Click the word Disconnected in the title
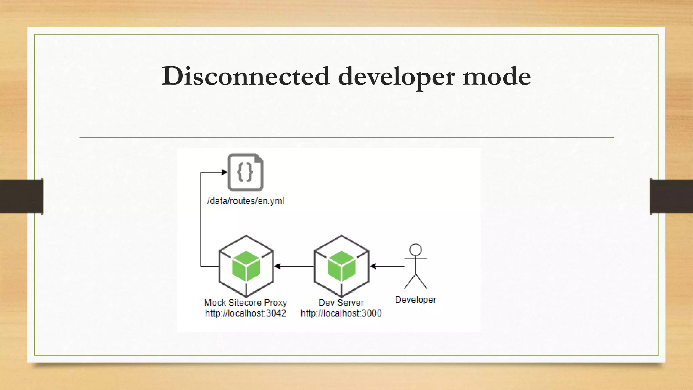tap(245, 76)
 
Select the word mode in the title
tap(496, 76)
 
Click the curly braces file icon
tap(246, 172)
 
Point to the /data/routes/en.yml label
tap(246, 201)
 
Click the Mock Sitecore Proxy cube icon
tap(246, 266)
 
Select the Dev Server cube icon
tap(341, 266)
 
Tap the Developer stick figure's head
tap(416, 250)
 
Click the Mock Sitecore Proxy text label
tap(246, 302)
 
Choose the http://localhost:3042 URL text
tap(246, 313)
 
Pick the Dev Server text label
tap(341, 302)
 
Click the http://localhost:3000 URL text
tap(341, 313)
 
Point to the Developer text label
tap(416, 300)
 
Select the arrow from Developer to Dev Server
tap(387, 266)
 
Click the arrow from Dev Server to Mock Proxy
tap(294, 266)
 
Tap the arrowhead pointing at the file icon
tap(224, 172)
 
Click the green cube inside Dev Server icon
tap(341, 266)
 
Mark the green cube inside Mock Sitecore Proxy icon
tap(246, 266)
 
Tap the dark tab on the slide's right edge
tap(671, 196)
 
